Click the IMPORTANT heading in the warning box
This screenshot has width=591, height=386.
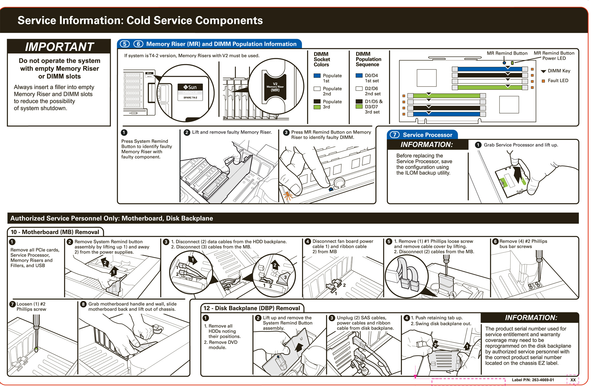tap(59, 47)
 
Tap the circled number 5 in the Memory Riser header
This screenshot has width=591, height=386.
tap(125, 44)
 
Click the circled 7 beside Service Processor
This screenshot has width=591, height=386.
tap(394, 135)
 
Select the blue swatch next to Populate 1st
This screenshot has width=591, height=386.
tap(317, 76)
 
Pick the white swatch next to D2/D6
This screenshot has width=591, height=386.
tap(359, 88)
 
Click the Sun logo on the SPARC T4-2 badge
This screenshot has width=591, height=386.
tap(190, 87)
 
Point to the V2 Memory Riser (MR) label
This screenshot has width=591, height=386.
tap(275, 87)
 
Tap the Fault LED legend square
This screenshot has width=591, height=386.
tap(543, 81)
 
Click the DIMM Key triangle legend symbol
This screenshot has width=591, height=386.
tap(543, 71)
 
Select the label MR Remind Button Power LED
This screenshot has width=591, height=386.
tap(554, 56)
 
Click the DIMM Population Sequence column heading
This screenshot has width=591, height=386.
tap(368, 59)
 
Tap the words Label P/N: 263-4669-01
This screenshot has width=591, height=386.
tap(533, 380)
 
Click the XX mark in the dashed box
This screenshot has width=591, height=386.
tap(573, 380)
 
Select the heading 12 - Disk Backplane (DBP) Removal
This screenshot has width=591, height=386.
tap(251, 308)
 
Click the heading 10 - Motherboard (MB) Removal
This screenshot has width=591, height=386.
tap(55, 232)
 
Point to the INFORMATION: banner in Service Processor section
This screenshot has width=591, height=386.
tap(426, 145)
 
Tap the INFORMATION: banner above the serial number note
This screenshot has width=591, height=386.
tap(531, 318)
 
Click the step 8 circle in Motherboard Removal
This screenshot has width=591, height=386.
tap(83, 304)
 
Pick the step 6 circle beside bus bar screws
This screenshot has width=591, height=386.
tap(496, 241)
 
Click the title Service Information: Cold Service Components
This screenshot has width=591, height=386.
tap(140, 20)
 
